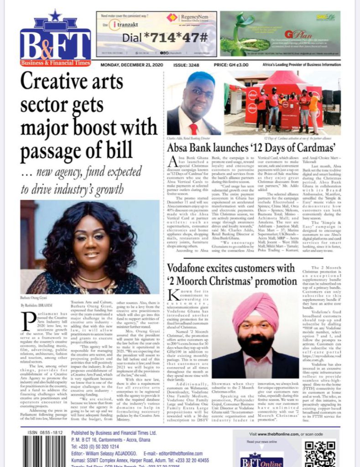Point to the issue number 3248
coord(185,65)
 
